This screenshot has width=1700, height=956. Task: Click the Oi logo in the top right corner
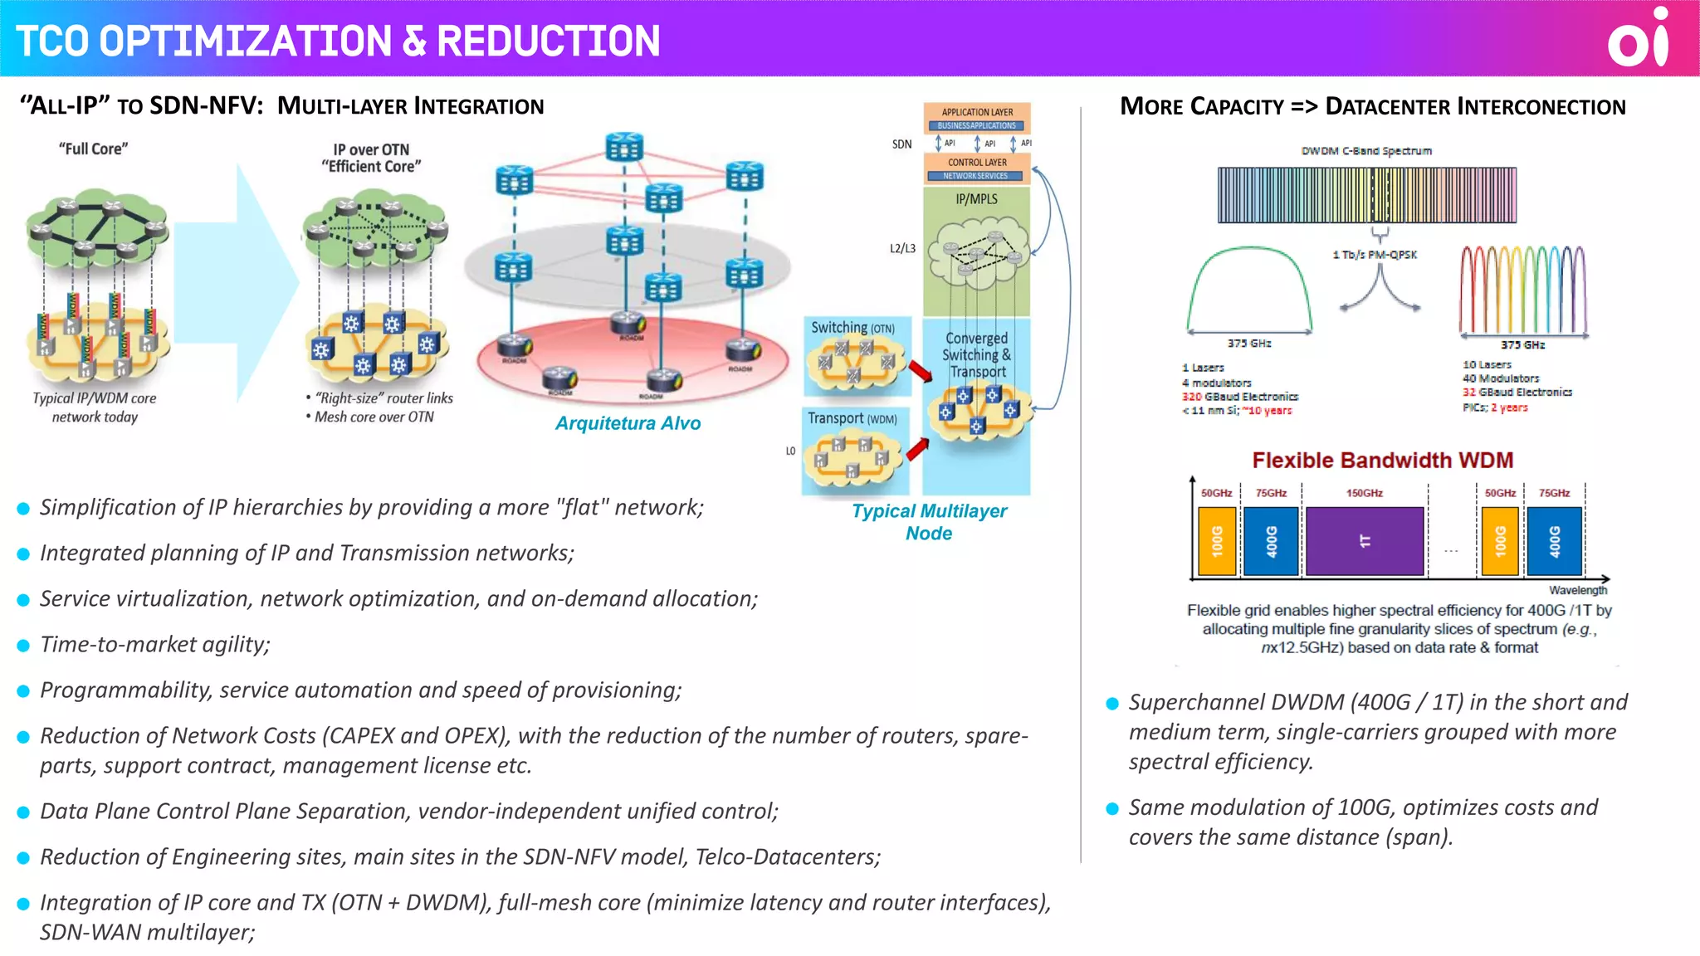(1637, 39)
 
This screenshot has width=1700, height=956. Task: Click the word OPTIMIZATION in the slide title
(246, 41)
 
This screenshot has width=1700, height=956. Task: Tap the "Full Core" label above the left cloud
(93, 149)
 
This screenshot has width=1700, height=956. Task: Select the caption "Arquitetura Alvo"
(628, 423)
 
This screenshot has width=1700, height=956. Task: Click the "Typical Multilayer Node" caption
(929, 522)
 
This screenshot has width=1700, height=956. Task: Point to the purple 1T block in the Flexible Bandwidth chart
(1365, 541)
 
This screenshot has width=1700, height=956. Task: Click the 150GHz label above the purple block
(1364, 493)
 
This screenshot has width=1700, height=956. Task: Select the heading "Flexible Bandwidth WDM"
(1382, 460)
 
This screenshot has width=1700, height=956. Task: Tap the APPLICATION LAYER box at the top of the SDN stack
(977, 112)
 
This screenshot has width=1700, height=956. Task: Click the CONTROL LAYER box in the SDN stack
(977, 163)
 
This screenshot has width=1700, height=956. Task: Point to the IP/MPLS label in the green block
(976, 199)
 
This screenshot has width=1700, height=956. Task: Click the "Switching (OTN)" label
(852, 328)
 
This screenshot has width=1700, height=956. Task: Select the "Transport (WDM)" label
(852, 418)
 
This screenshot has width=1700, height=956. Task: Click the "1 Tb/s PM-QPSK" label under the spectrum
(1375, 255)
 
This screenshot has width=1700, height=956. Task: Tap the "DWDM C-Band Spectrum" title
(1366, 151)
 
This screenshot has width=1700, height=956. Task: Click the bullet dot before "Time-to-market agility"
(23, 645)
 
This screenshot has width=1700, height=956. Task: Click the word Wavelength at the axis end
(1577, 590)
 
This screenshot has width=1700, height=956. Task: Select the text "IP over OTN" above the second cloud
(371, 149)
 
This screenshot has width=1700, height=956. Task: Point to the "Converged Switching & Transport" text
(977, 355)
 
